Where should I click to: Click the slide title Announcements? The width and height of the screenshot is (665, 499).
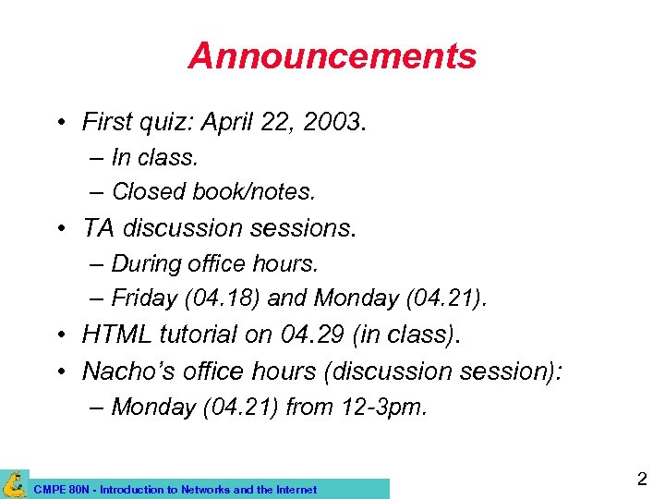pos(332,56)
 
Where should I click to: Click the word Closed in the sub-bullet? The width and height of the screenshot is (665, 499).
pos(148,191)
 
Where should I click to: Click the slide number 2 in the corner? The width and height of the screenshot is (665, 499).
pos(641,479)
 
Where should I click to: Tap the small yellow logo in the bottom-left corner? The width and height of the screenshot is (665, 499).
pos(14,484)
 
